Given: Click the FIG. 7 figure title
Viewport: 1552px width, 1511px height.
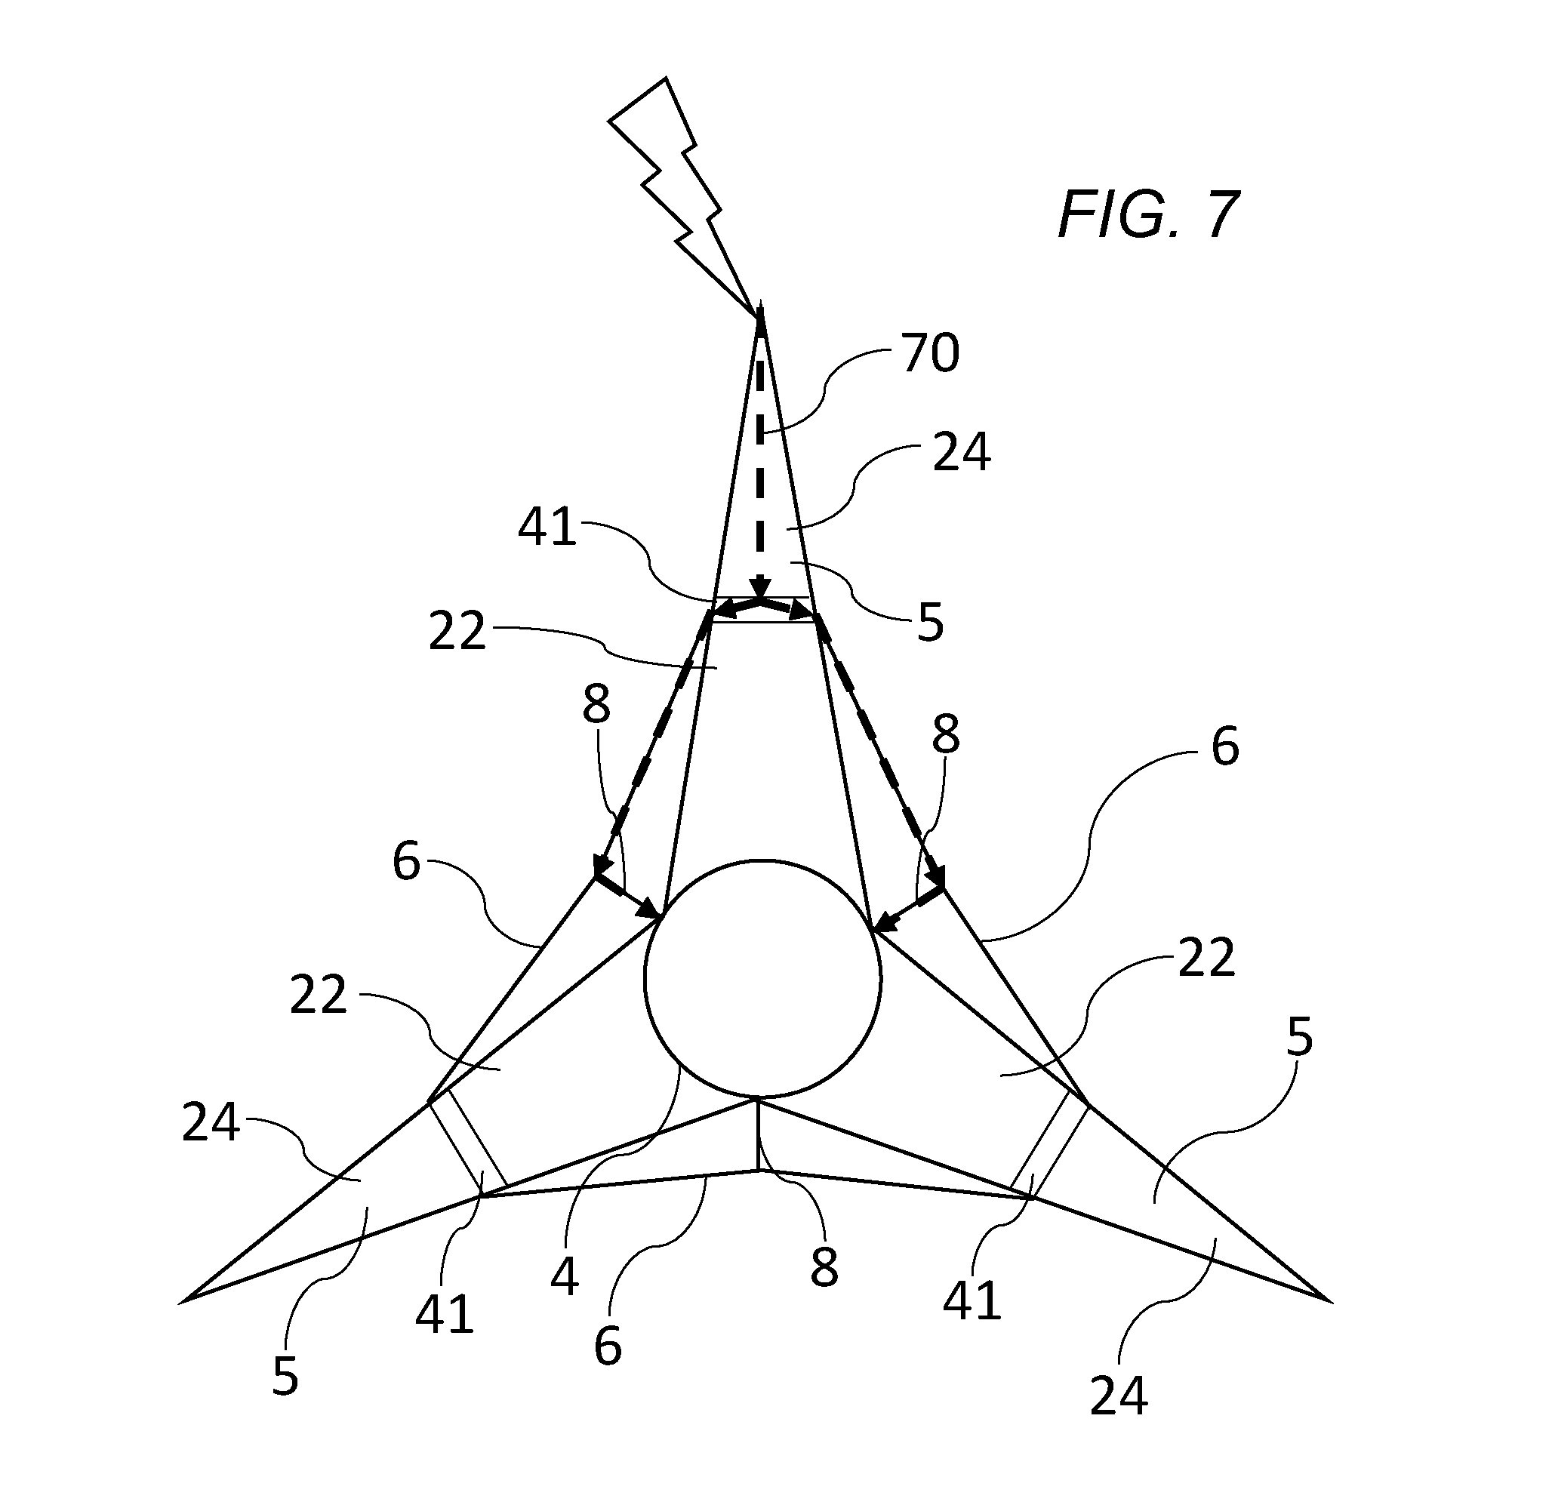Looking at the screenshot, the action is coord(1149,214).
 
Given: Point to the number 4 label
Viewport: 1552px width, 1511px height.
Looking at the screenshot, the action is coord(565,1276).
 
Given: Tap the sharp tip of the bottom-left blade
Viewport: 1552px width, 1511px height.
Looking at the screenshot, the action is coord(183,1300).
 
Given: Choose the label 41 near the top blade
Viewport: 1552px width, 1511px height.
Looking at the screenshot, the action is coord(547,527).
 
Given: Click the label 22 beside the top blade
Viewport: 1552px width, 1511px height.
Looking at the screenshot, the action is coord(457,632).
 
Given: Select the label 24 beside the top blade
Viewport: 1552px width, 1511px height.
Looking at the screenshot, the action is coord(962,453).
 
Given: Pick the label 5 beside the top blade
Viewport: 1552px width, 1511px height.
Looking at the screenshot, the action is coord(931,623).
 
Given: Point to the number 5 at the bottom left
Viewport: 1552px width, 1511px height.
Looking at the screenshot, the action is coord(285,1375).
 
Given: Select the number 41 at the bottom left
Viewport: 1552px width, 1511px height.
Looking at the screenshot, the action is coord(445,1314).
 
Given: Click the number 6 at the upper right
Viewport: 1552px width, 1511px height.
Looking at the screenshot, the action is coord(1226,746).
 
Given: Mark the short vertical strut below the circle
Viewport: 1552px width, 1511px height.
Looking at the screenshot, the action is coord(759,1135).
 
